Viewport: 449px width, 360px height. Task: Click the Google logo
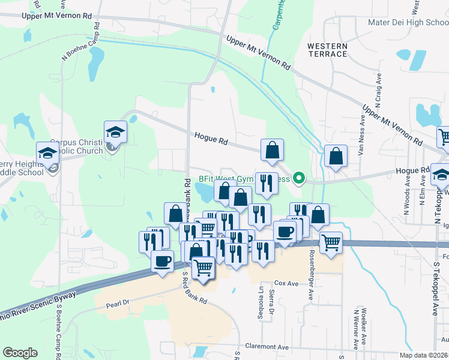pyautogui.click(x=20, y=353)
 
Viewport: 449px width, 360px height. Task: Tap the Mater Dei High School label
pyautogui.click(x=408, y=23)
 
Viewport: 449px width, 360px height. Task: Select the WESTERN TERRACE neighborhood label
pyautogui.click(x=327, y=50)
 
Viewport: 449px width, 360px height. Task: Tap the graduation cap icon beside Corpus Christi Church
pyautogui.click(x=116, y=131)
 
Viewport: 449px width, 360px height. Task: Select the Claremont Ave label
pyautogui.click(x=267, y=346)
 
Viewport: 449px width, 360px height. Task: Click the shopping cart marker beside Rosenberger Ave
pyautogui.click(x=331, y=242)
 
